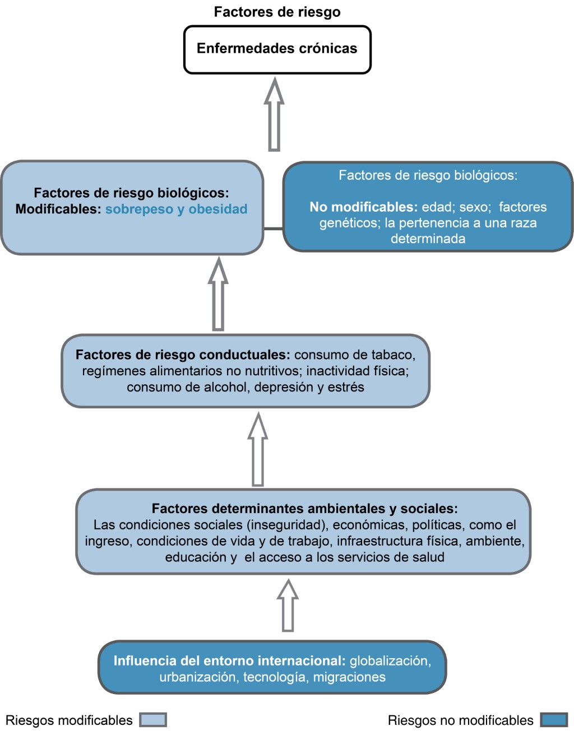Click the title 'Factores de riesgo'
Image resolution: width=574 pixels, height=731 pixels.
(277, 12)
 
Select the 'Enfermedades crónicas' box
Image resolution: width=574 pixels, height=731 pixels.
(277, 49)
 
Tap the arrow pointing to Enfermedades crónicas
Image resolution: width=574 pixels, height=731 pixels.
(274, 115)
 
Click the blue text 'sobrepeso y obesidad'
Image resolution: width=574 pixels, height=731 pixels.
(176, 209)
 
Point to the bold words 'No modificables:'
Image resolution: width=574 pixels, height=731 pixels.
(363, 207)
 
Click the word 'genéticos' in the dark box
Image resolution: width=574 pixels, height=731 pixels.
(350, 223)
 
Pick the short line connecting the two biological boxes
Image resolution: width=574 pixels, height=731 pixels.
(273, 229)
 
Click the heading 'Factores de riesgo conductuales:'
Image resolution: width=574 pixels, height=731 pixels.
(183, 355)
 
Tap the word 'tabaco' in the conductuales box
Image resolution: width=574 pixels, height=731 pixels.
(396, 355)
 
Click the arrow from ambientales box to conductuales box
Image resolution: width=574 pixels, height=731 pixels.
(257, 449)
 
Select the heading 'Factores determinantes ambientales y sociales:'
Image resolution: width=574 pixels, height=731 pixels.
(304, 509)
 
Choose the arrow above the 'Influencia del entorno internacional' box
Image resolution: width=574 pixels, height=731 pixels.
(288, 606)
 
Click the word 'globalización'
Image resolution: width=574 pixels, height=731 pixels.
(390, 661)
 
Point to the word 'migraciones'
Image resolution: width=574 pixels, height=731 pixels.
(349, 677)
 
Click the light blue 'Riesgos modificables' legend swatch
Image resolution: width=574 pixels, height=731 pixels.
(153, 720)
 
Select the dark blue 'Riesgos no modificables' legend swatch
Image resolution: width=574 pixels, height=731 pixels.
(554, 720)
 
